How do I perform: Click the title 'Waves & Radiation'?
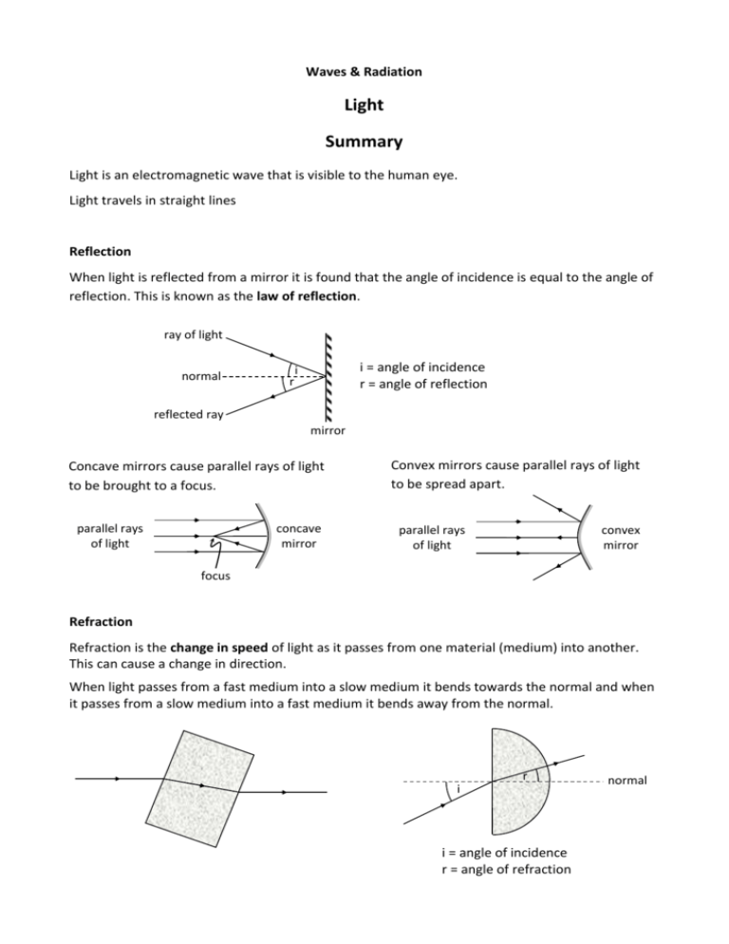pyautogui.click(x=364, y=71)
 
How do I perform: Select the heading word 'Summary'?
pyautogui.click(x=364, y=142)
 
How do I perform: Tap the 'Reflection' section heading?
pyautogui.click(x=100, y=252)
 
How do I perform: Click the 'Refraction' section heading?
pyautogui.click(x=101, y=622)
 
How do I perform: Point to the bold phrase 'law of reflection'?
pyautogui.click(x=307, y=296)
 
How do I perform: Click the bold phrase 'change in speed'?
pyautogui.click(x=218, y=649)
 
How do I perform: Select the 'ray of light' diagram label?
pyautogui.click(x=193, y=334)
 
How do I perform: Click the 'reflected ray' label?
pyautogui.click(x=189, y=414)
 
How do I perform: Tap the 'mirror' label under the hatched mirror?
pyautogui.click(x=327, y=430)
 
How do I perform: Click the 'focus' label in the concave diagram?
pyautogui.click(x=215, y=576)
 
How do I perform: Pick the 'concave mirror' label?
pyautogui.click(x=299, y=537)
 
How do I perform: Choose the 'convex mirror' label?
pyautogui.click(x=621, y=538)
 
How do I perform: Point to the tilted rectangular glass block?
pyautogui.click(x=199, y=788)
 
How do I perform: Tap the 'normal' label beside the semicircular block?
pyautogui.click(x=627, y=781)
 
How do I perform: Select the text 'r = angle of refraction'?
pyautogui.click(x=506, y=869)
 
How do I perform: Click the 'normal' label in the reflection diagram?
pyautogui.click(x=201, y=376)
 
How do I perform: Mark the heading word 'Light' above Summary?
pyautogui.click(x=364, y=105)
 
